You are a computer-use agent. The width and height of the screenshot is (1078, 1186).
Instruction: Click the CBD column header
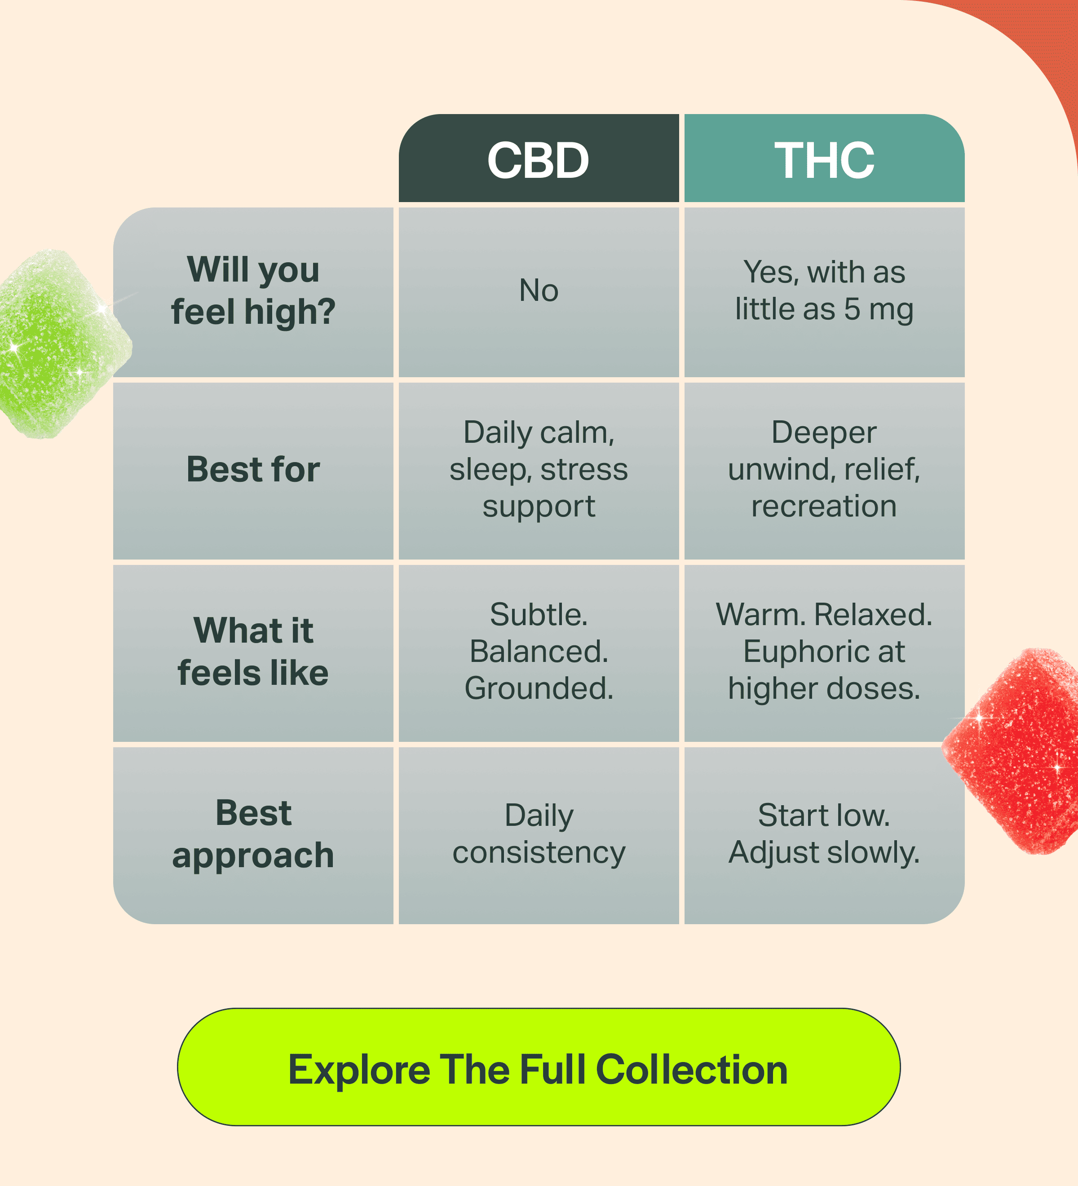(x=539, y=158)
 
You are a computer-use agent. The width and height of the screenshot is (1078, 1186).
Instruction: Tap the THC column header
(x=824, y=158)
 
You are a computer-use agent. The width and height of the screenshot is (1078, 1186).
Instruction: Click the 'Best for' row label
(x=253, y=471)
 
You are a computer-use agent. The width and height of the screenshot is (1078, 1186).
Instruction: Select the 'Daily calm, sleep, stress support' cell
(x=539, y=471)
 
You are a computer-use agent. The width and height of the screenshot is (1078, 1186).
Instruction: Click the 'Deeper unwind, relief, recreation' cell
(x=824, y=471)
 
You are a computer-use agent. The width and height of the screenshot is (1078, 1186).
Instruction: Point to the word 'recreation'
(x=824, y=507)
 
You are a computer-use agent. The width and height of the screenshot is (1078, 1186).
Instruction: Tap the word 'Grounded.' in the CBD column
(x=539, y=689)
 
